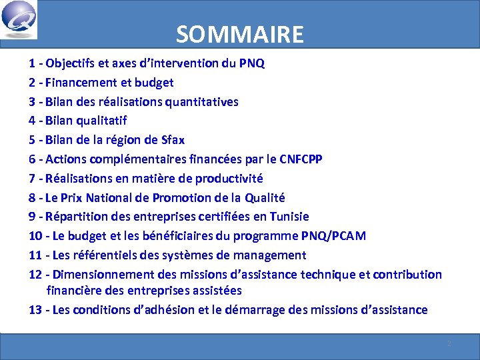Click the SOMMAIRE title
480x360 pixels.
coord(240,34)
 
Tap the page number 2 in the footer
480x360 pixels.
coord(449,343)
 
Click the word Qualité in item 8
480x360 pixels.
coord(265,197)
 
